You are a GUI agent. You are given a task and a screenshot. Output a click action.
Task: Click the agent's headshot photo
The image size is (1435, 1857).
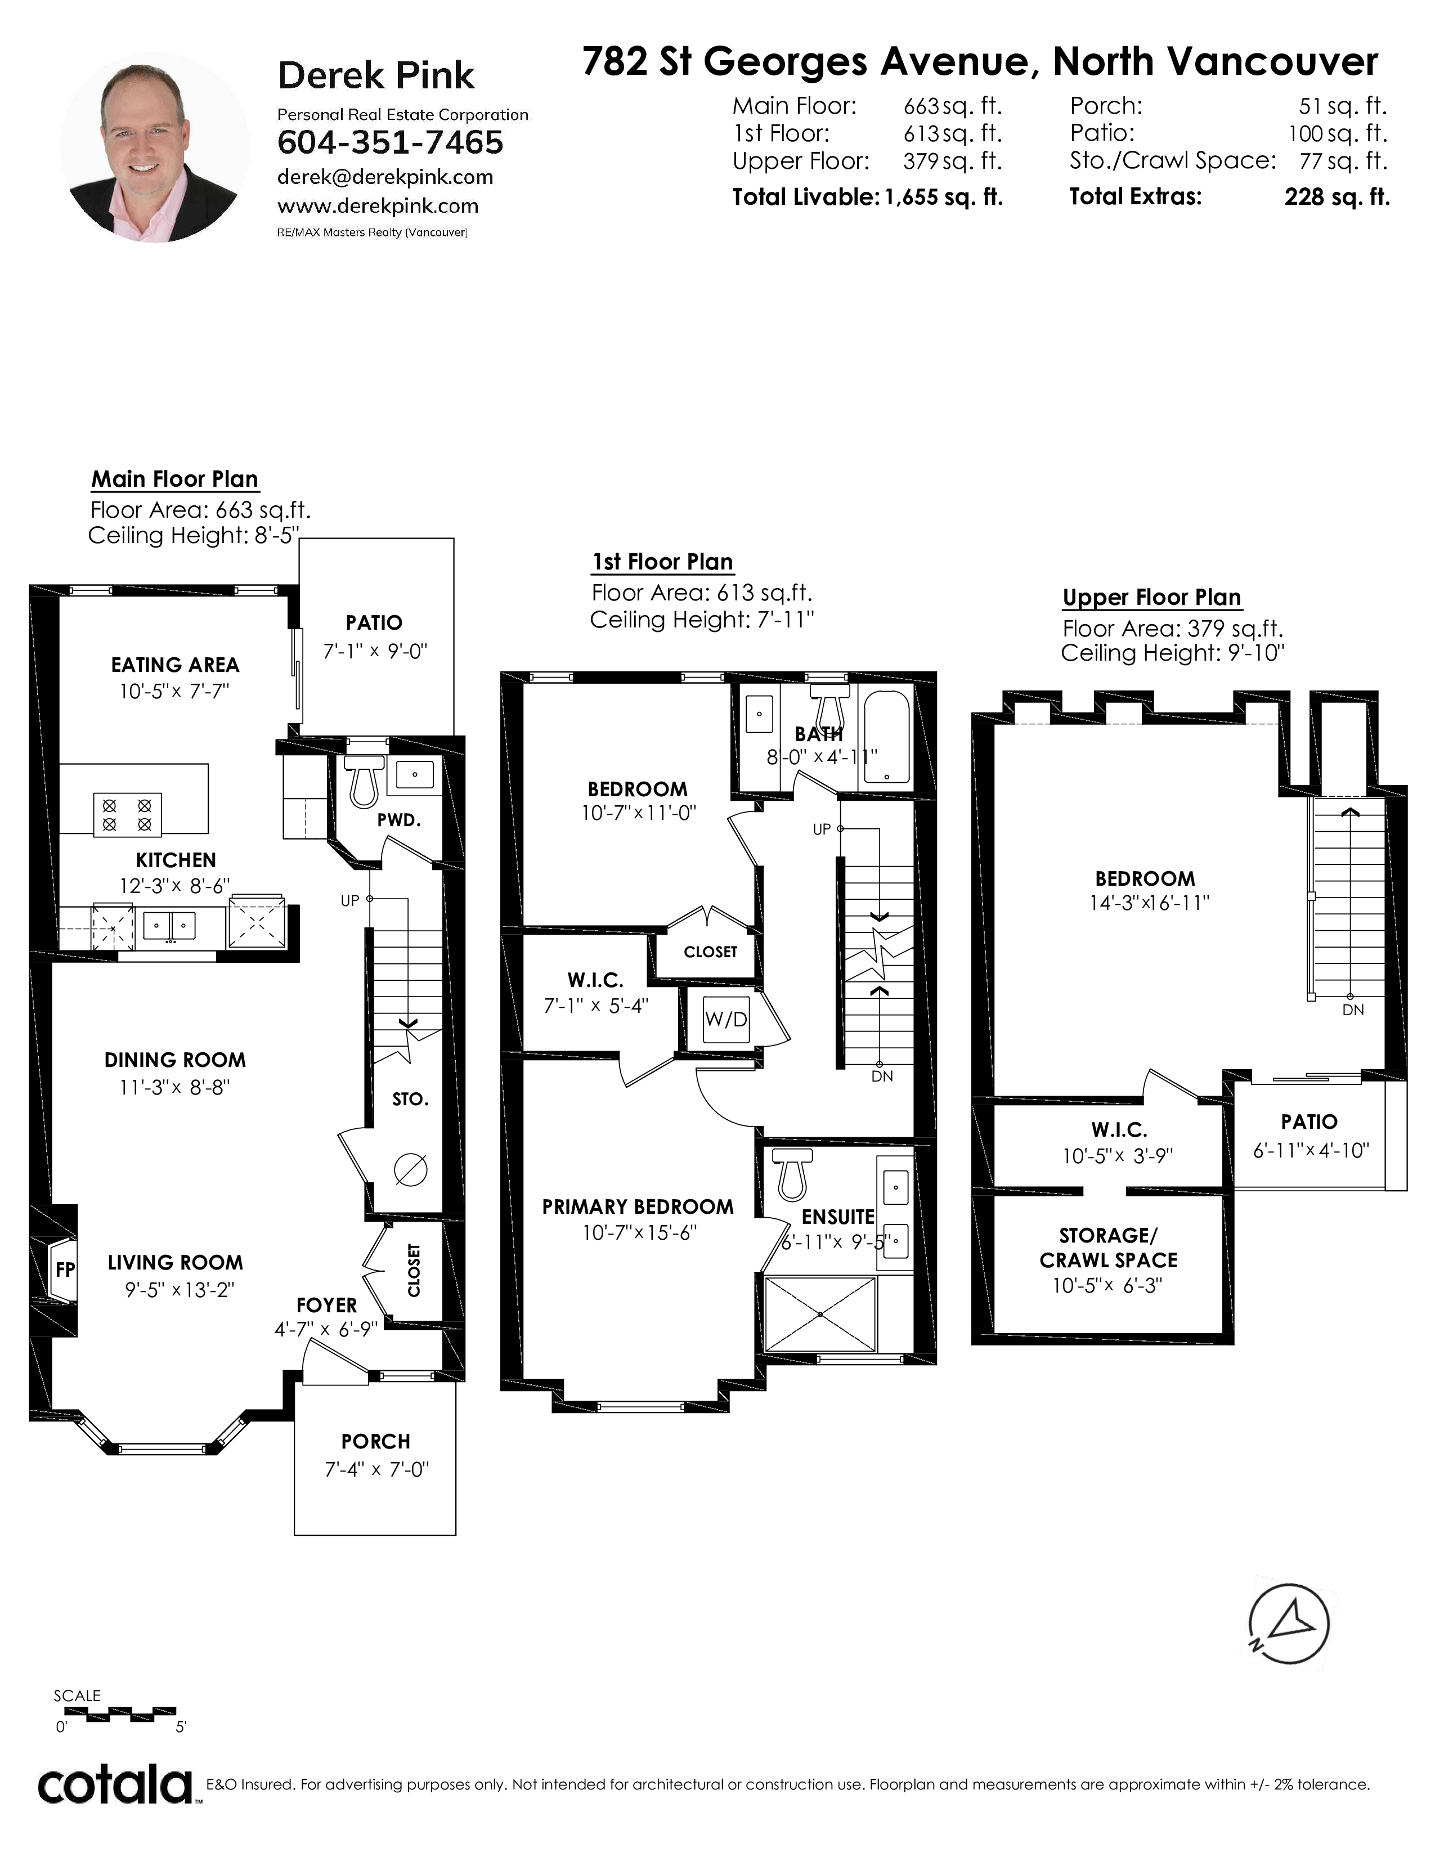point(155,147)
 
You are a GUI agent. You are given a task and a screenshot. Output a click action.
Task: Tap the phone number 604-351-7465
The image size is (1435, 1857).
point(390,143)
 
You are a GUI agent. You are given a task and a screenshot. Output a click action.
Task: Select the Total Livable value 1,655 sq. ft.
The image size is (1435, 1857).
point(944,198)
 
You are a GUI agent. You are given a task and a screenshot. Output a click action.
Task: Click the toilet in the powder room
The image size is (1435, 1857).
point(363,782)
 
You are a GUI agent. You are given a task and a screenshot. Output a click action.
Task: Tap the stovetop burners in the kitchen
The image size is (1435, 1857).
point(127,814)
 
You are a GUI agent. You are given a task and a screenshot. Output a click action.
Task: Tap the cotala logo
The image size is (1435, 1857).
point(115,1783)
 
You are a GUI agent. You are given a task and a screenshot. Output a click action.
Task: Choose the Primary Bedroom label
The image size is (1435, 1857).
point(638,1206)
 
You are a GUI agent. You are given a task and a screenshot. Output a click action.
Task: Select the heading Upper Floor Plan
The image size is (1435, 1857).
point(1152,598)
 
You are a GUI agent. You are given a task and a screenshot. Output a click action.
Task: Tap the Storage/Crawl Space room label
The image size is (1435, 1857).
point(1109,1248)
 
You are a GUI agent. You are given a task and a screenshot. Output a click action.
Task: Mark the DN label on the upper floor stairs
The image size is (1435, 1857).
point(1352,1010)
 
